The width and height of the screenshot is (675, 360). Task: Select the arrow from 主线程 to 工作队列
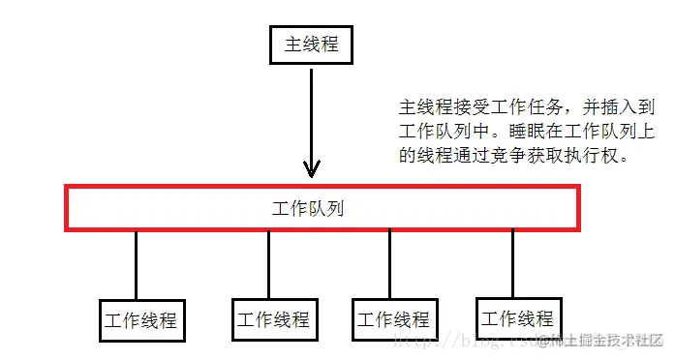(x=310, y=116)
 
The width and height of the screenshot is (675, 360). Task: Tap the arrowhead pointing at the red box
(x=310, y=170)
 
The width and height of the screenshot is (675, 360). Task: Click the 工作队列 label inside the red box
(x=308, y=208)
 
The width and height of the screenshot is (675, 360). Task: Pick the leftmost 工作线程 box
(x=141, y=320)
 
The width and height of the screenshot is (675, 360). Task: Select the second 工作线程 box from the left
(x=273, y=318)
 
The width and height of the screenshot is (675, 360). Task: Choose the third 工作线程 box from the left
(x=393, y=319)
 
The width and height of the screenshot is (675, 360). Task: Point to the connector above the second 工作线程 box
(x=268, y=263)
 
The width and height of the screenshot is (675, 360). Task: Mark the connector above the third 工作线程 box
(x=389, y=263)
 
